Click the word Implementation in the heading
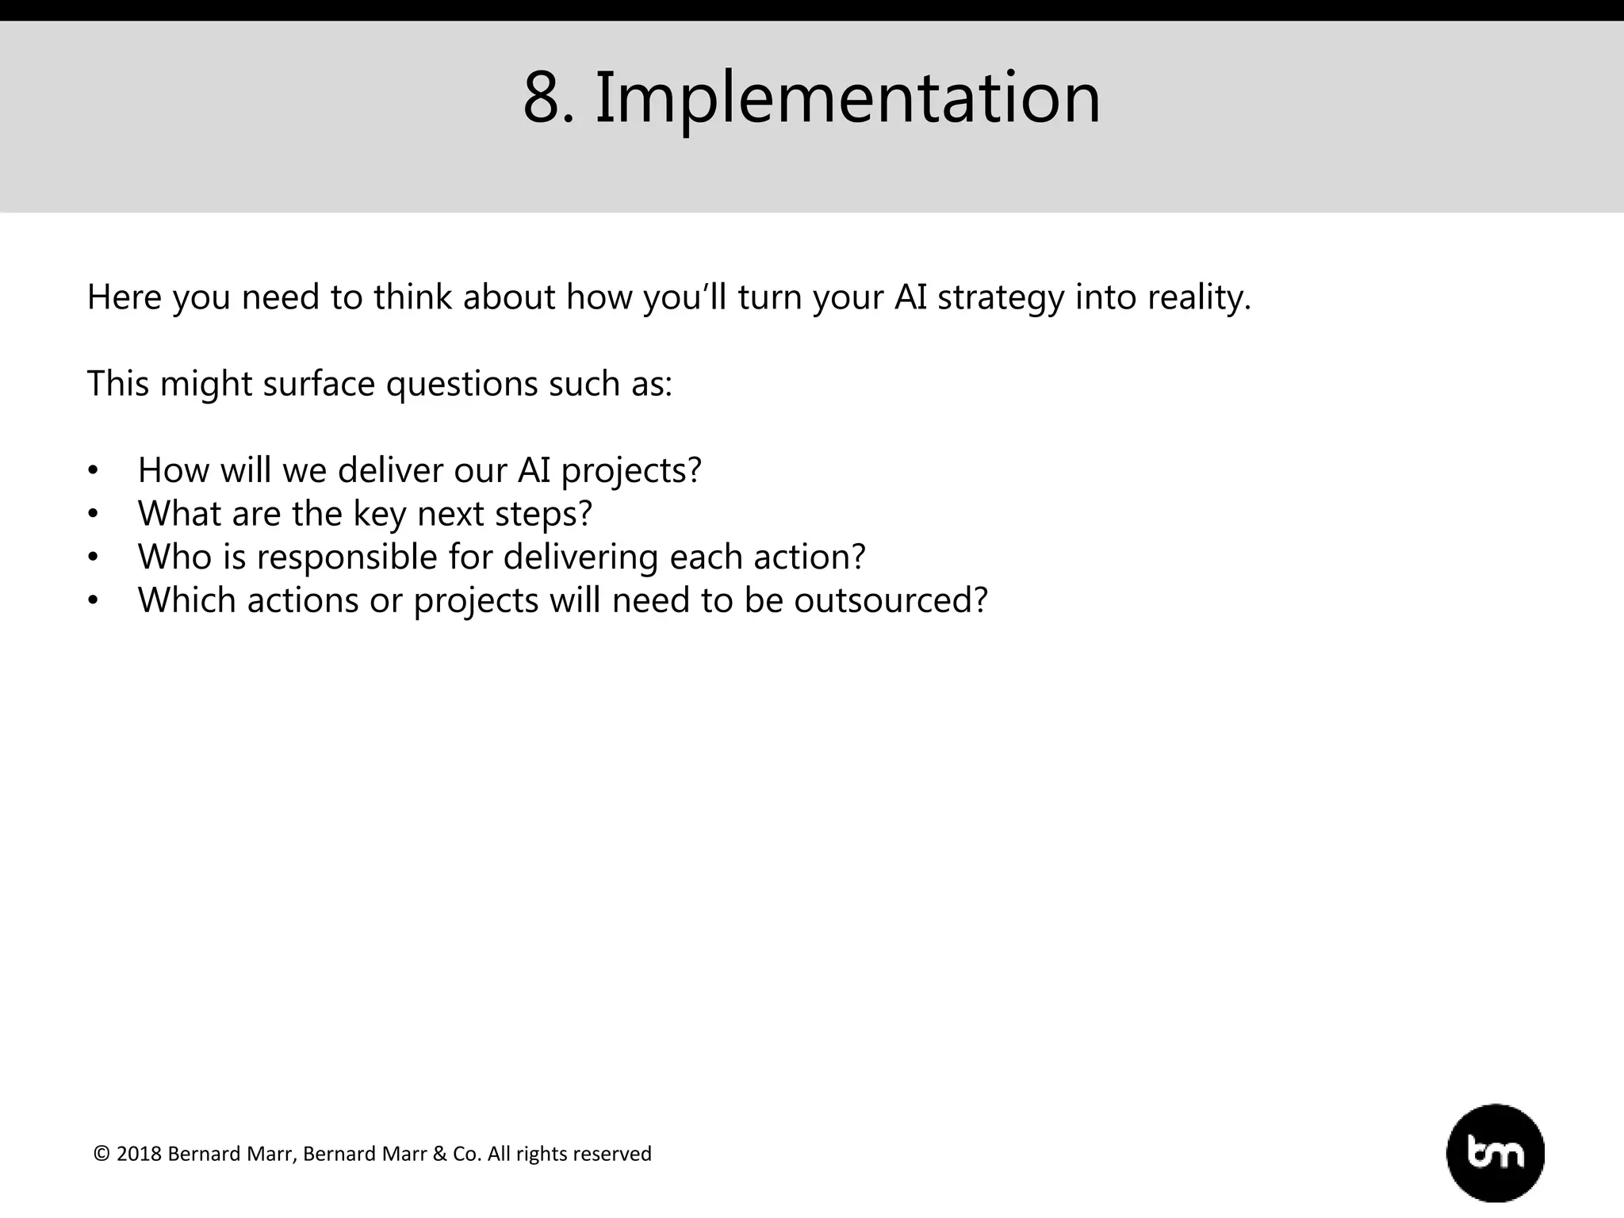click(x=847, y=99)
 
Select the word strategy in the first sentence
click(x=1000, y=298)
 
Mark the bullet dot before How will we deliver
click(x=93, y=471)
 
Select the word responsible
click(x=347, y=557)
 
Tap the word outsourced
click(x=890, y=600)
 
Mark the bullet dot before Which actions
click(x=93, y=601)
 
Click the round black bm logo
click(x=1495, y=1153)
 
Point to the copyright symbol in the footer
click(x=101, y=1154)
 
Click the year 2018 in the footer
click(x=139, y=1154)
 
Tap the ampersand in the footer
click(x=439, y=1154)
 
